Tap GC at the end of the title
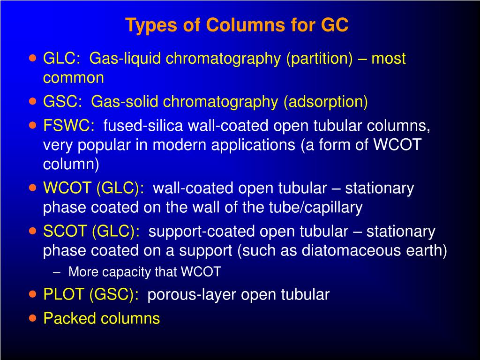(x=334, y=25)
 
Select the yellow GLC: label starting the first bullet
(x=62, y=59)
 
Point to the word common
(x=74, y=78)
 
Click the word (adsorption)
(x=325, y=102)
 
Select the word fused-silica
(x=143, y=126)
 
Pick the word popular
(x=105, y=145)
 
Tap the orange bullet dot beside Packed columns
(x=32, y=318)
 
